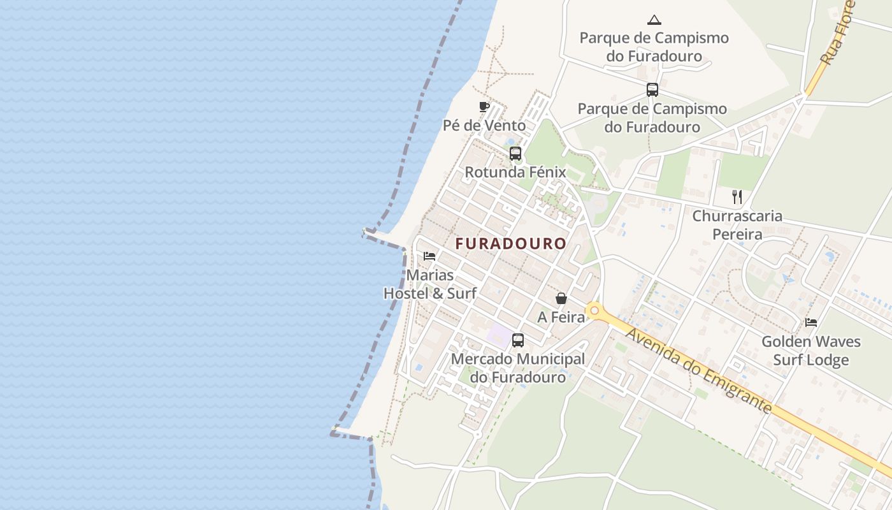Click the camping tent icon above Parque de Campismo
coord(654,20)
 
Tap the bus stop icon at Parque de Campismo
coord(652,90)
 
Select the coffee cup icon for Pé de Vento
coord(484,106)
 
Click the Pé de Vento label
coord(484,125)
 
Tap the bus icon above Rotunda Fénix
coord(515,154)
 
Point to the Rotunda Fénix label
coord(515,172)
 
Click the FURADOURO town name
coord(510,244)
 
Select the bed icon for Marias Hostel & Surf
coord(429,256)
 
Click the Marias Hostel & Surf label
coord(430,284)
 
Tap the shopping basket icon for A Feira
coord(561,298)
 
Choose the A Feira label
coord(561,317)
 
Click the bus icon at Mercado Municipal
coord(518,340)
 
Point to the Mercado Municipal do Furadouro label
coord(517,368)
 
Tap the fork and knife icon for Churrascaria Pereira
coord(737,196)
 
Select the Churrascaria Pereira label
coord(737,225)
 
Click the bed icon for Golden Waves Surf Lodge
coord(811,323)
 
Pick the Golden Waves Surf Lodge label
coord(811,351)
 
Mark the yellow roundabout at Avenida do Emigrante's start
coord(594,310)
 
